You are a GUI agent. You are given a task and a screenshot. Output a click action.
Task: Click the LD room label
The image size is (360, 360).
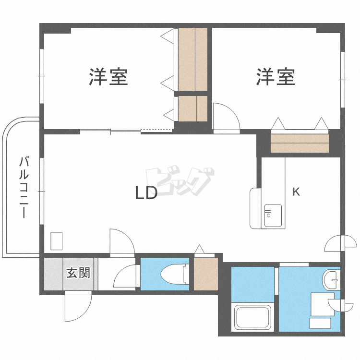pos(146,193)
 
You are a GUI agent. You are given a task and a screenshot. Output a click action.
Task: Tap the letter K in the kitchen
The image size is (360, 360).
pos(296,192)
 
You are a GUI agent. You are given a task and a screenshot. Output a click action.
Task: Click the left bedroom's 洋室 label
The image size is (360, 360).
pos(108,77)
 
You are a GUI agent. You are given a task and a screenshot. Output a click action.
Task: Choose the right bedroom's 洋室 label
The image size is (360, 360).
pos(276,77)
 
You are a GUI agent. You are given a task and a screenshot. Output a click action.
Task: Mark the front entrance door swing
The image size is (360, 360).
pos(78,307)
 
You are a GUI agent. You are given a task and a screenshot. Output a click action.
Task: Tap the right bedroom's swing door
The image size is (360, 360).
pos(225,117)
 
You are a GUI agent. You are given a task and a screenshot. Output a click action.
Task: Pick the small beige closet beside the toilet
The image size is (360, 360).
pos(206,274)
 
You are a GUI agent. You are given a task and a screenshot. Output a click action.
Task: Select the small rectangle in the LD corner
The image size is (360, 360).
pos(57,240)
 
